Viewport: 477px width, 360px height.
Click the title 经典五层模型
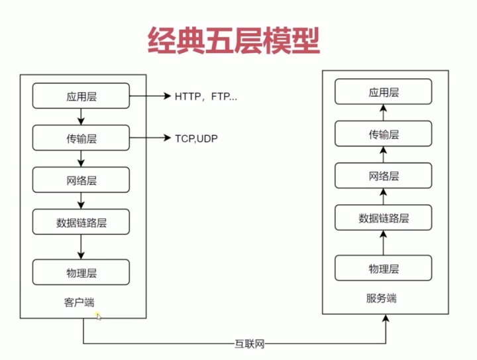[x=233, y=40]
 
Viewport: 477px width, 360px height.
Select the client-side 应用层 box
[x=81, y=97]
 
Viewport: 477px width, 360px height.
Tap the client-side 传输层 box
[x=81, y=139]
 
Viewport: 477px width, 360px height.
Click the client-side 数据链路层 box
[x=81, y=222]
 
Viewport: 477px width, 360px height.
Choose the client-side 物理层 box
[x=81, y=272]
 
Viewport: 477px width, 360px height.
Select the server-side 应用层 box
[x=384, y=92]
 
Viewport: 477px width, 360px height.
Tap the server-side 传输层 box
[x=384, y=134]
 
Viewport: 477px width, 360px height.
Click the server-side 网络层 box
[x=384, y=176]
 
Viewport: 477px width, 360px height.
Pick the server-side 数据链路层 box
[x=384, y=217]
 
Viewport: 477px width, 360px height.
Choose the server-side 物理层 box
[x=384, y=268]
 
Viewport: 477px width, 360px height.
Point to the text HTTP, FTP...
[x=205, y=97]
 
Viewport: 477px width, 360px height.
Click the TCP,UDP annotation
[x=196, y=139]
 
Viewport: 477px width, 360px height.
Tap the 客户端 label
[x=78, y=302]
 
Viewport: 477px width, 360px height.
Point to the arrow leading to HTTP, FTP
[x=149, y=97]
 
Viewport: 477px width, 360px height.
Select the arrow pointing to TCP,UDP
[x=149, y=139]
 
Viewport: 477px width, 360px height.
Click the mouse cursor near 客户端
[x=99, y=316]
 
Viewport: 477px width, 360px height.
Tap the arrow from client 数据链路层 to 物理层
[x=81, y=247]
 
